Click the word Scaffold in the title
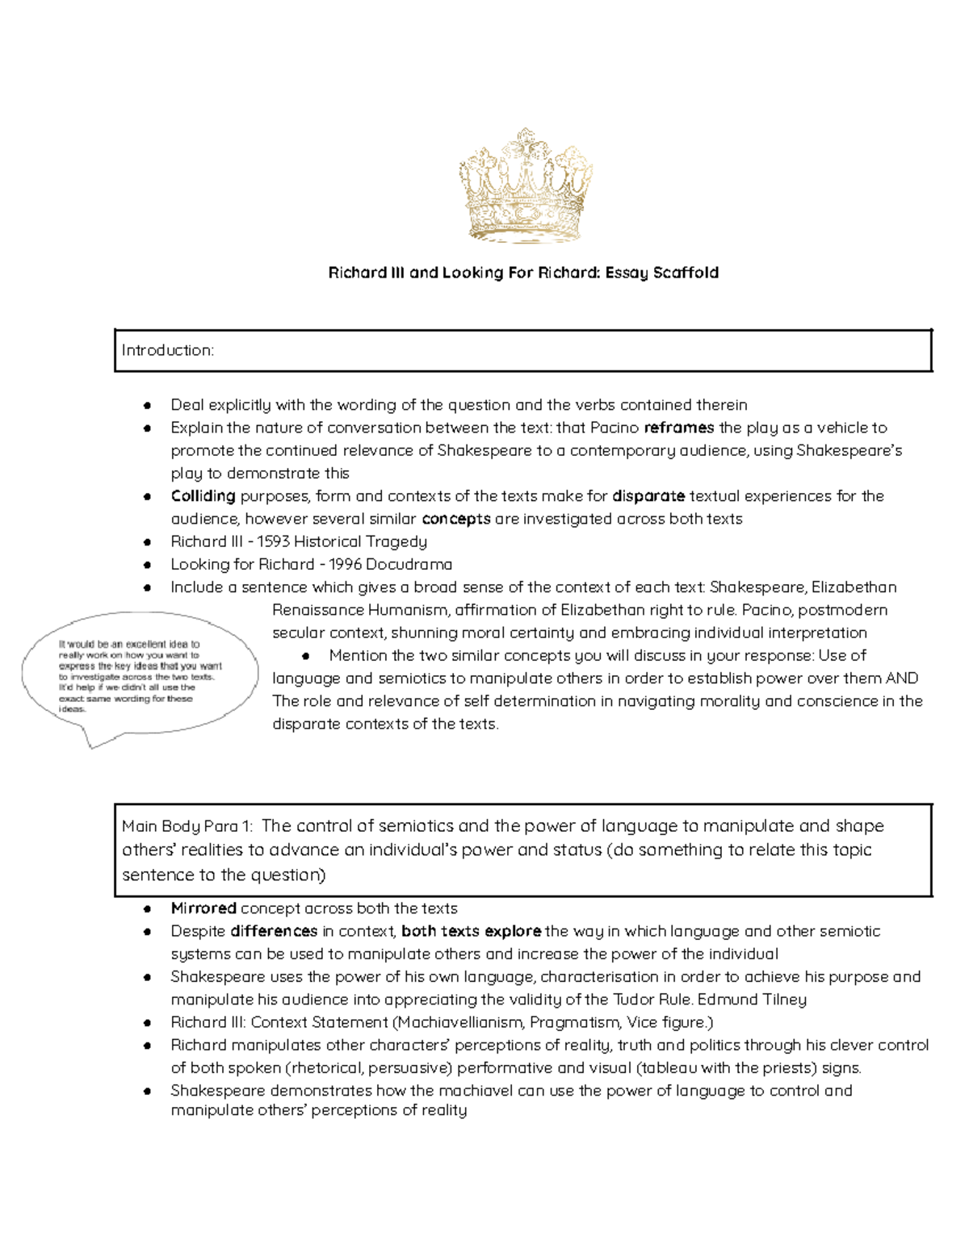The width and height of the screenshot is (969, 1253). tap(686, 273)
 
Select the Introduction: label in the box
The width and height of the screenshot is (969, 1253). tap(167, 350)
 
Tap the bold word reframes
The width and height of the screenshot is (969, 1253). tap(678, 428)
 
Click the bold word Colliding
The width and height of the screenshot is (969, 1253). tap(203, 496)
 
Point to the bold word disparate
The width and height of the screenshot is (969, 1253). tap(648, 496)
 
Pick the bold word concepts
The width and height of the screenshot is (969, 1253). tap(455, 519)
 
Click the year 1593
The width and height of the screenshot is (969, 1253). tap(273, 541)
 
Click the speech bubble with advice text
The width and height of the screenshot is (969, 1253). tap(139, 676)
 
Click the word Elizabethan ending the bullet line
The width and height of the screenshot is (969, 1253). tap(854, 587)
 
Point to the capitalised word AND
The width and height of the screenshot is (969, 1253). tap(902, 679)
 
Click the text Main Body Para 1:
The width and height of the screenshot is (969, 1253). tap(187, 826)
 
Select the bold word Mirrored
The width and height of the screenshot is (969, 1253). tap(203, 908)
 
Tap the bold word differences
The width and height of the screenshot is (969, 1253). tap(274, 931)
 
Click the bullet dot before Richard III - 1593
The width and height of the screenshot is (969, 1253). tap(147, 542)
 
